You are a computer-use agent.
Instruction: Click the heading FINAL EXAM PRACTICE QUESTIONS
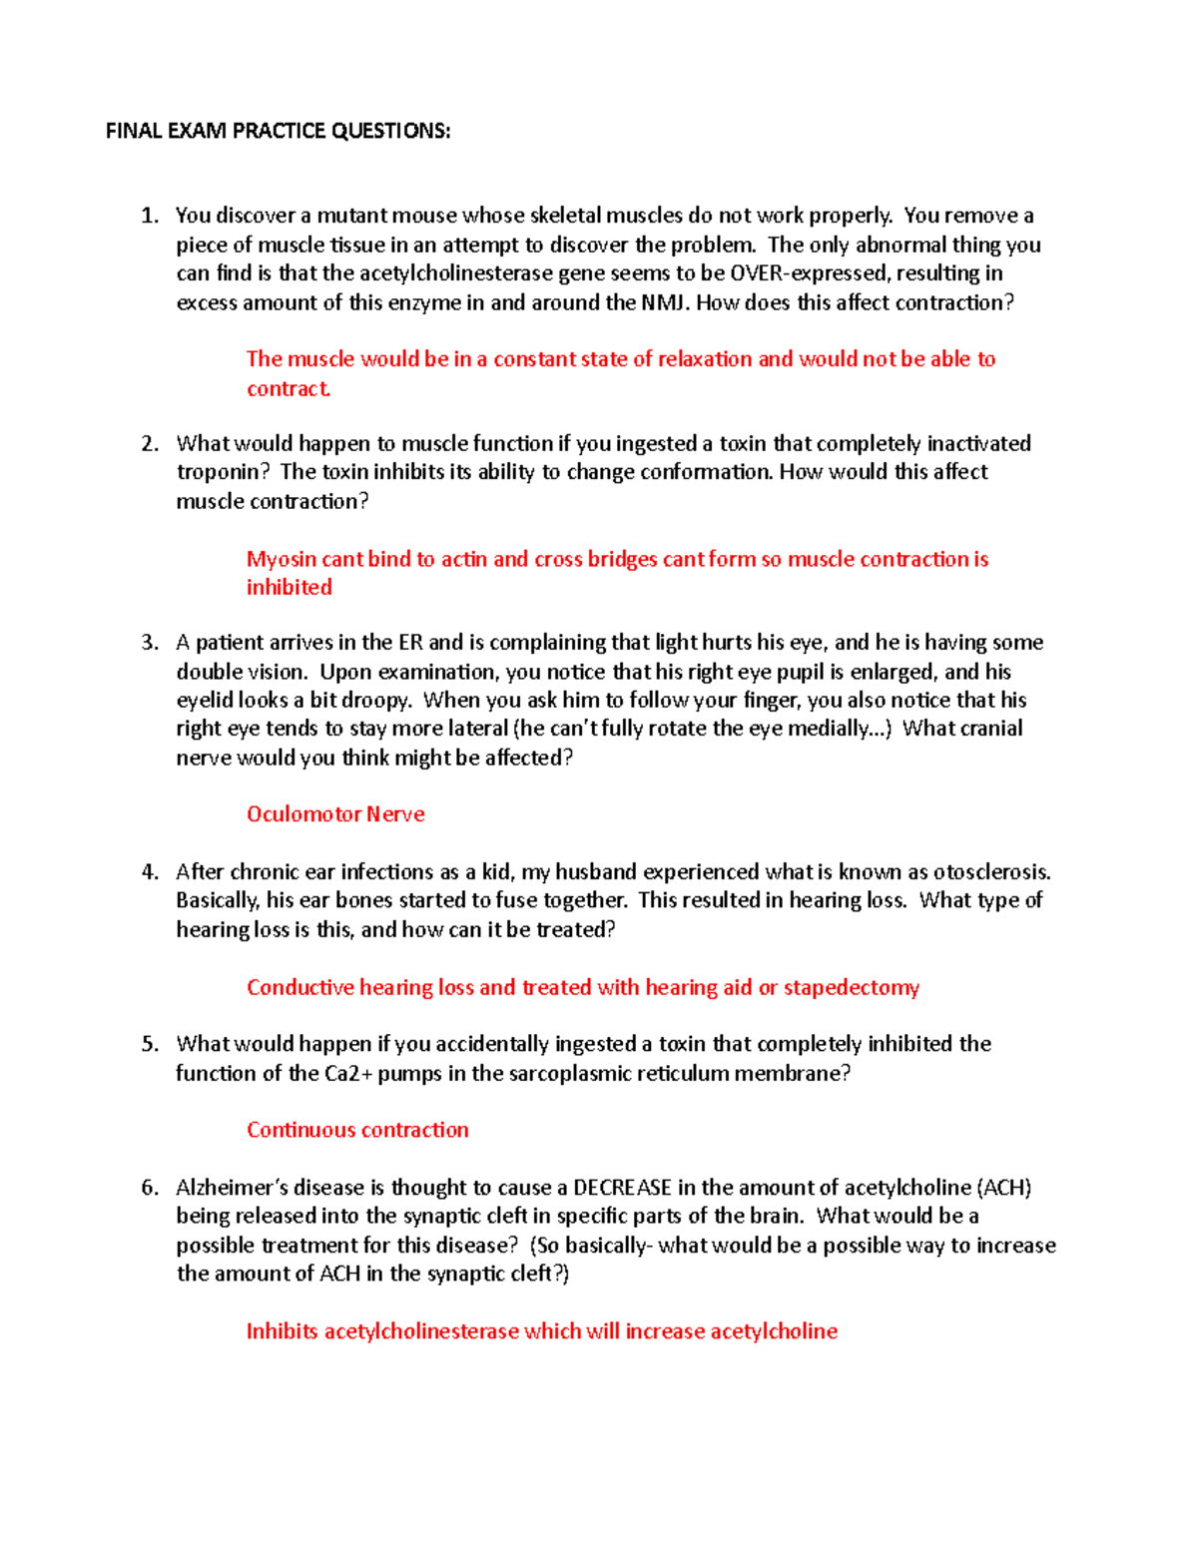(x=278, y=131)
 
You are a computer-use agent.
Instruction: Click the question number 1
(x=149, y=216)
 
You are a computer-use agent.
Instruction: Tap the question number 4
(x=149, y=872)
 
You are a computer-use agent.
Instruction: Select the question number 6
(x=149, y=1188)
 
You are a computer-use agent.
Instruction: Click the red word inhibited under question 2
(x=289, y=588)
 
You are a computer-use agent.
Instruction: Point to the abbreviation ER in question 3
(x=410, y=643)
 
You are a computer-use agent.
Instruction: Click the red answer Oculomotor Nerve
(x=335, y=814)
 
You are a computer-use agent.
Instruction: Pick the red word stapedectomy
(x=851, y=988)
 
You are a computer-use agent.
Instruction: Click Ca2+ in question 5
(x=348, y=1074)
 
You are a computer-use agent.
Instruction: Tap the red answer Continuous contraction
(x=357, y=1130)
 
